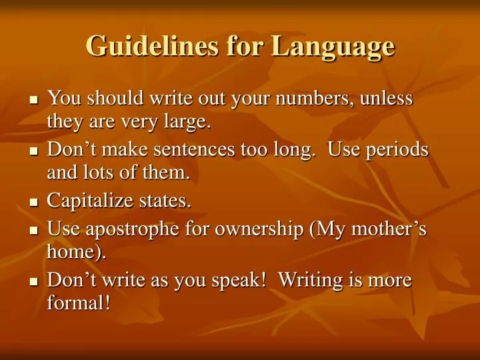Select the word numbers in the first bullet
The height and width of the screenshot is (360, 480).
click(x=318, y=99)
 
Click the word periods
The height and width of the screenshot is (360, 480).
click(x=399, y=151)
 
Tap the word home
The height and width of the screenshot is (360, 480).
click(x=74, y=252)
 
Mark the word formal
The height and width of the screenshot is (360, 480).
click(x=75, y=303)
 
